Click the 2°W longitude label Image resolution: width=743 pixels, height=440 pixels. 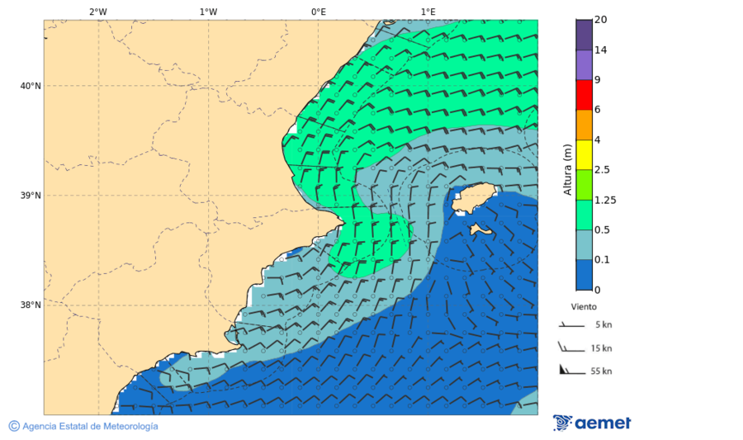pyautogui.click(x=97, y=12)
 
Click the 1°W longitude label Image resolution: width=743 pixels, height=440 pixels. pyautogui.click(x=208, y=12)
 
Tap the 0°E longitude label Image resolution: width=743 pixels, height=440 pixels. pyautogui.click(x=318, y=12)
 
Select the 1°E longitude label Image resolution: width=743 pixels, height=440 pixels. pyautogui.click(x=428, y=12)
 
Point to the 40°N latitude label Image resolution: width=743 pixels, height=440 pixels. pyautogui.click(x=31, y=86)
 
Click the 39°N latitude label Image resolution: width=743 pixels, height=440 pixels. pyautogui.click(x=31, y=196)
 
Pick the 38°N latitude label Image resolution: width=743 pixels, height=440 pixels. pyautogui.click(x=31, y=305)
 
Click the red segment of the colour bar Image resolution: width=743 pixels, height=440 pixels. pyautogui.click(x=584, y=95)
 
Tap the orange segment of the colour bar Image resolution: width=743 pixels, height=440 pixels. pyautogui.click(x=584, y=125)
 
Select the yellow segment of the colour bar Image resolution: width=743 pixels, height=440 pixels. pyautogui.click(x=584, y=154)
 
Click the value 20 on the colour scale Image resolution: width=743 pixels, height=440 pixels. pyautogui.click(x=601, y=20)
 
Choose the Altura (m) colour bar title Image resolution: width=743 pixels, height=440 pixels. pyautogui.click(x=567, y=169)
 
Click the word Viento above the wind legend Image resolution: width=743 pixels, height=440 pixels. pyautogui.click(x=583, y=306)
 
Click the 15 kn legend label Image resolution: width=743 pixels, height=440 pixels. pyautogui.click(x=601, y=348)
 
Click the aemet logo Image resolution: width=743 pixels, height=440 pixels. pyautogui.click(x=592, y=423)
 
